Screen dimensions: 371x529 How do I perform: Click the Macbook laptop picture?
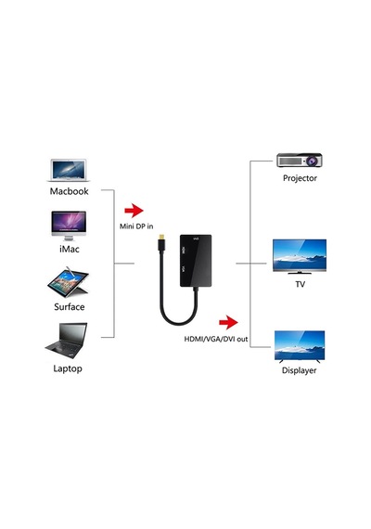(x=69, y=171)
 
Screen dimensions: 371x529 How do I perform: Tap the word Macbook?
(x=70, y=191)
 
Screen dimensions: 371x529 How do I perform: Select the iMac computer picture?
(x=69, y=226)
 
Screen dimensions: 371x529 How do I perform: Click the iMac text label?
(x=70, y=249)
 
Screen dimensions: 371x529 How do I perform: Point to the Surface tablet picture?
(x=69, y=282)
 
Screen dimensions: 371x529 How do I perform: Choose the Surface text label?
(x=70, y=306)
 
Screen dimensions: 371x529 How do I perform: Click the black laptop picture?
(x=67, y=341)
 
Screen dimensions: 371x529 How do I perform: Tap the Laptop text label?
(x=68, y=368)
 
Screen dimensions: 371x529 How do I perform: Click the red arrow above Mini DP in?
(x=134, y=211)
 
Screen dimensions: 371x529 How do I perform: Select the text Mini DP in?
(x=136, y=226)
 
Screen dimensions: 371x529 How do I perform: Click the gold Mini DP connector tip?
(x=160, y=236)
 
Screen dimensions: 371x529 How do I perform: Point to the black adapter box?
(x=196, y=261)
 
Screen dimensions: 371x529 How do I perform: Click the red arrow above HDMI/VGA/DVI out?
(x=228, y=322)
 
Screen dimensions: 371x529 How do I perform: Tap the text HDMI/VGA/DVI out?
(x=216, y=339)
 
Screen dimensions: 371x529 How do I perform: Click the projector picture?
(x=300, y=161)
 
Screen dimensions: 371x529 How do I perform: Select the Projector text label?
(x=300, y=178)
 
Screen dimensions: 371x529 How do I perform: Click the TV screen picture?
(x=300, y=256)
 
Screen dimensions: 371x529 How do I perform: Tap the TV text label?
(x=300, y=284)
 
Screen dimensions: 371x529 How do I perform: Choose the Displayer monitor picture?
(x=300, y=346)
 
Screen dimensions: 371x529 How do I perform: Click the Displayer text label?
(x=300, y=370)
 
